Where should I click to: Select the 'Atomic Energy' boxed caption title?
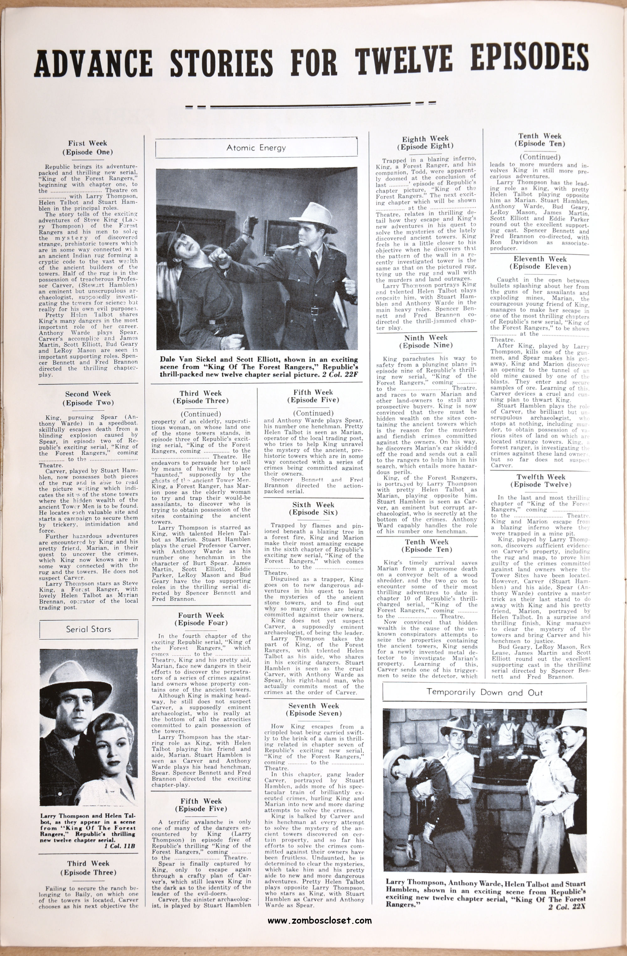point(256,147)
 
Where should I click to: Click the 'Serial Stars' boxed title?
point(89,629)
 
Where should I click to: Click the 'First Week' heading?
point(87,143)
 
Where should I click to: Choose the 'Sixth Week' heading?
point(313,505)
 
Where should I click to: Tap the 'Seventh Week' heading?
point(313,706)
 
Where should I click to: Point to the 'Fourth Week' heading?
point(201,615)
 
